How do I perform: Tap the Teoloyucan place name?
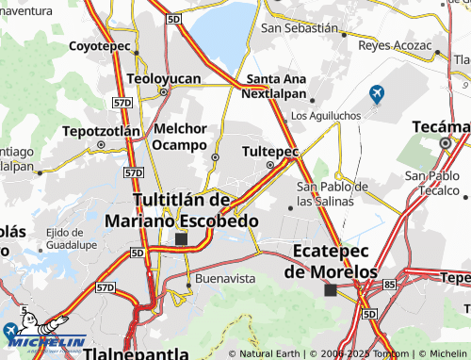tap(165, 80)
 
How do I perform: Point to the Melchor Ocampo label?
tap(180, 137)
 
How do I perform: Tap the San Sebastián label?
tap(299, 28)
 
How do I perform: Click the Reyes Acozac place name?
tap(395, 45)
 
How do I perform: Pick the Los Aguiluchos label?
tap(327, 116)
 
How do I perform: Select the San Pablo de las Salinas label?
tap(332, 193)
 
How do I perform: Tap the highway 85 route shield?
tap(390, 282)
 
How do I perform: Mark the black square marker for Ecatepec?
tap(330, 290)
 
